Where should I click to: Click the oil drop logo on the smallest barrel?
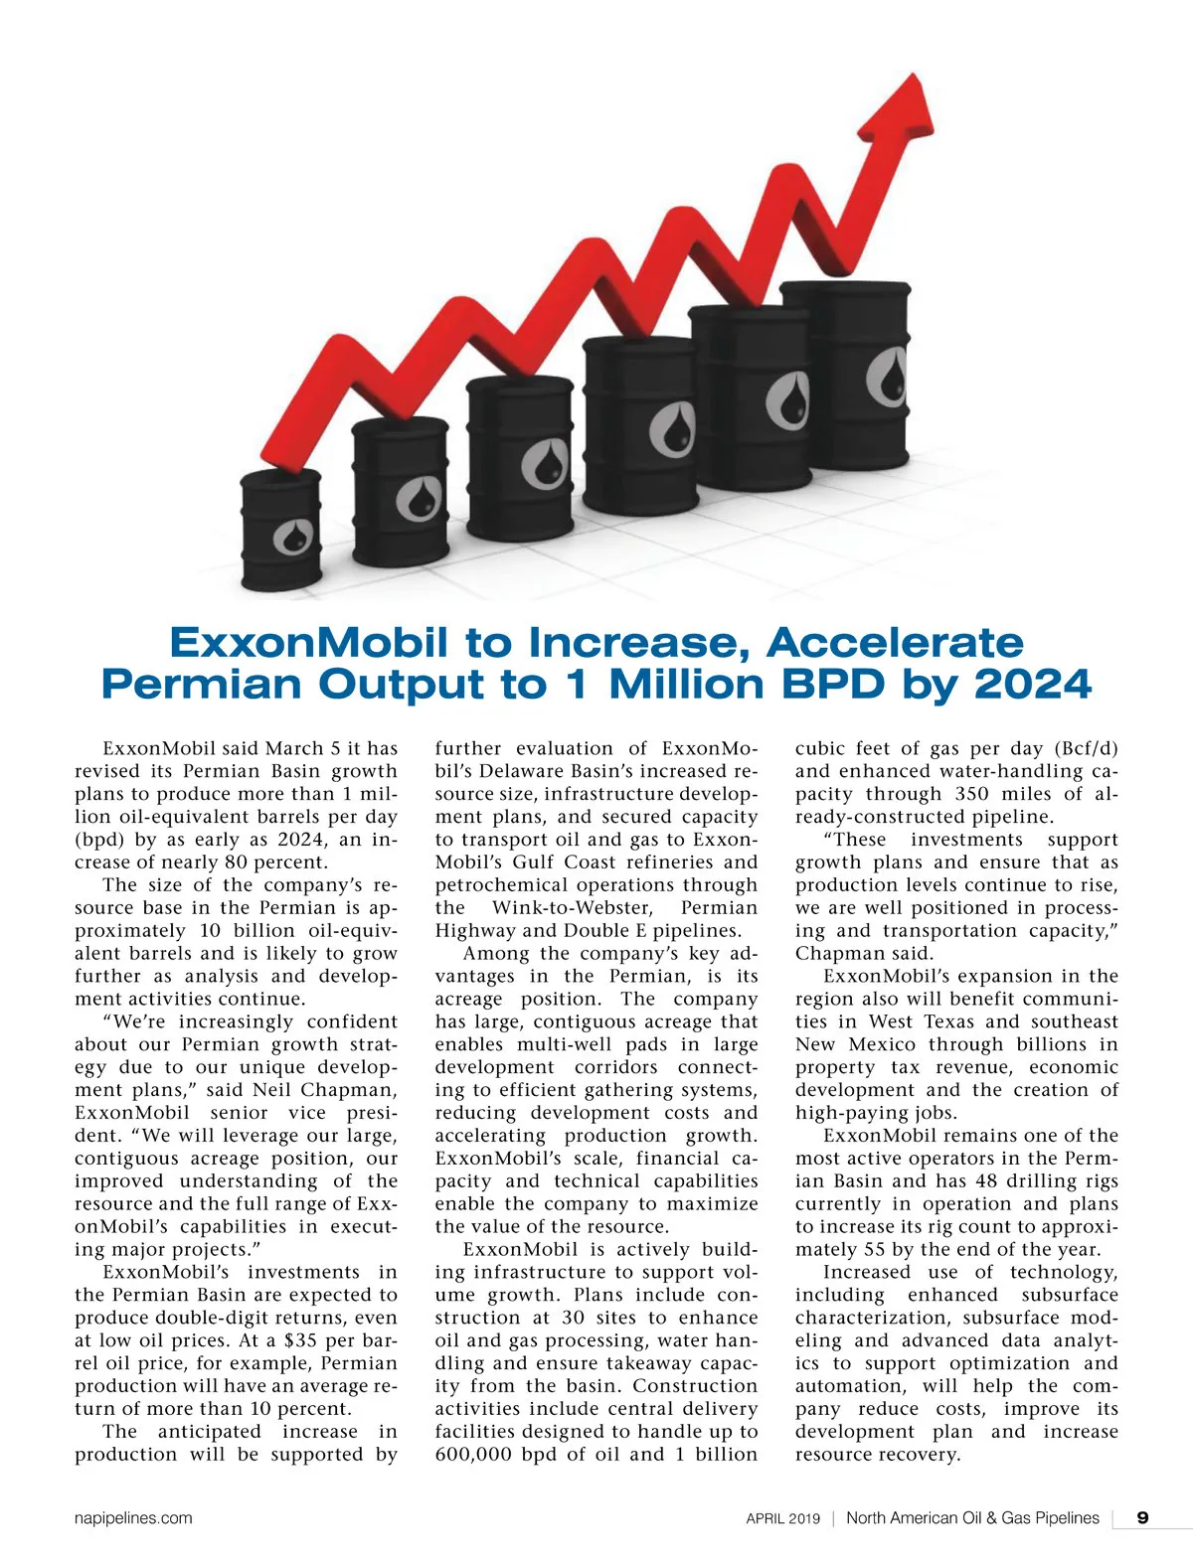click(x=293, y=538)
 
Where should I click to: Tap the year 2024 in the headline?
click(x=1033, y=684)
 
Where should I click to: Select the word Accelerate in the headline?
click(x=895, y=643)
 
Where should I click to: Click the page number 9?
click(x=1143, y=1517)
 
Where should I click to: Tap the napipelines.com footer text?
click(x=133, y=1518)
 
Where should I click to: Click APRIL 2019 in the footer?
click(x=783, y=1518)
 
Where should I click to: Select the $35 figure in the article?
click(x=300, y=1340)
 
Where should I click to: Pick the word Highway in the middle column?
click(x=473, y=931)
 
